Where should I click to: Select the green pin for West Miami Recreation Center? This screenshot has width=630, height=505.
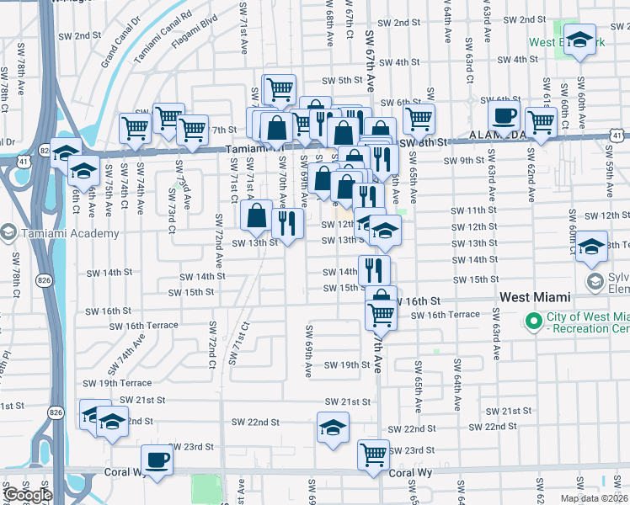coord(532,321)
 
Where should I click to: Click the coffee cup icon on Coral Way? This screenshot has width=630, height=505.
coord(157,460)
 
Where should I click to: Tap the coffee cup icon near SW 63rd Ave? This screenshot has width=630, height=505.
coord(504,116)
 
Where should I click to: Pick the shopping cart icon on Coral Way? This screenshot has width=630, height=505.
coord(373,454)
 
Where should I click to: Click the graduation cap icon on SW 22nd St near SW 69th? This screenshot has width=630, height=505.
coord(334,427)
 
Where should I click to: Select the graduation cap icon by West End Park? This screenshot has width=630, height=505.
coord(579,40)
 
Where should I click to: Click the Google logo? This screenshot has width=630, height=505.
coord(28,495)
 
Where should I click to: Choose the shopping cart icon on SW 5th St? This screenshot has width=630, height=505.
coord(279,88)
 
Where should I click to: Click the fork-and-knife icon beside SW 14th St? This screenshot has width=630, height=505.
coord(374,269)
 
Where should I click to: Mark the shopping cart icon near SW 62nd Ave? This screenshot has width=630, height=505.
coord(541,122)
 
